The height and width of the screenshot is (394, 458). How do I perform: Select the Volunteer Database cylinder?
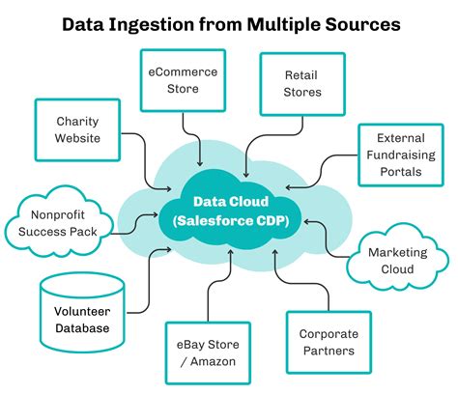80,320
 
